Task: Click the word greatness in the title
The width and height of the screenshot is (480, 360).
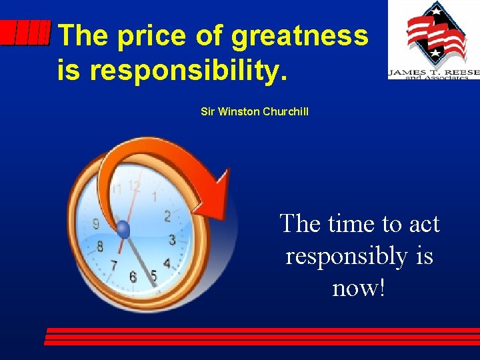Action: click(299, 36)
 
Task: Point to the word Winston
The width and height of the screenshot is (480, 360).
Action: click(238, 112)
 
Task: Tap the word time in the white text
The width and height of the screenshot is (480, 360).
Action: click(352, 223)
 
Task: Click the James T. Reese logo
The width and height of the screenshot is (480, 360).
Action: click(433, 40)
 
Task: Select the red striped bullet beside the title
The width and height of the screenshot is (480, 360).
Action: click(25, 32)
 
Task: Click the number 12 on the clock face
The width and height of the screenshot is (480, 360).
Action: click(135, 186)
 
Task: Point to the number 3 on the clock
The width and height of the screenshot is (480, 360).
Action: click(172, 239)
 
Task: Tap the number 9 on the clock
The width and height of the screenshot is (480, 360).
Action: click(96, 224)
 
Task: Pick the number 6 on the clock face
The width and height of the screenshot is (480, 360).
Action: click(133, 276)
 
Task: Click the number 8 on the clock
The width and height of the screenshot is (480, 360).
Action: click(100, 247)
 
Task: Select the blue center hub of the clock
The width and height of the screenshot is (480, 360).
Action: click(123, 230)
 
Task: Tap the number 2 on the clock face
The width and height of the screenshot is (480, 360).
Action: click(167, 215)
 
